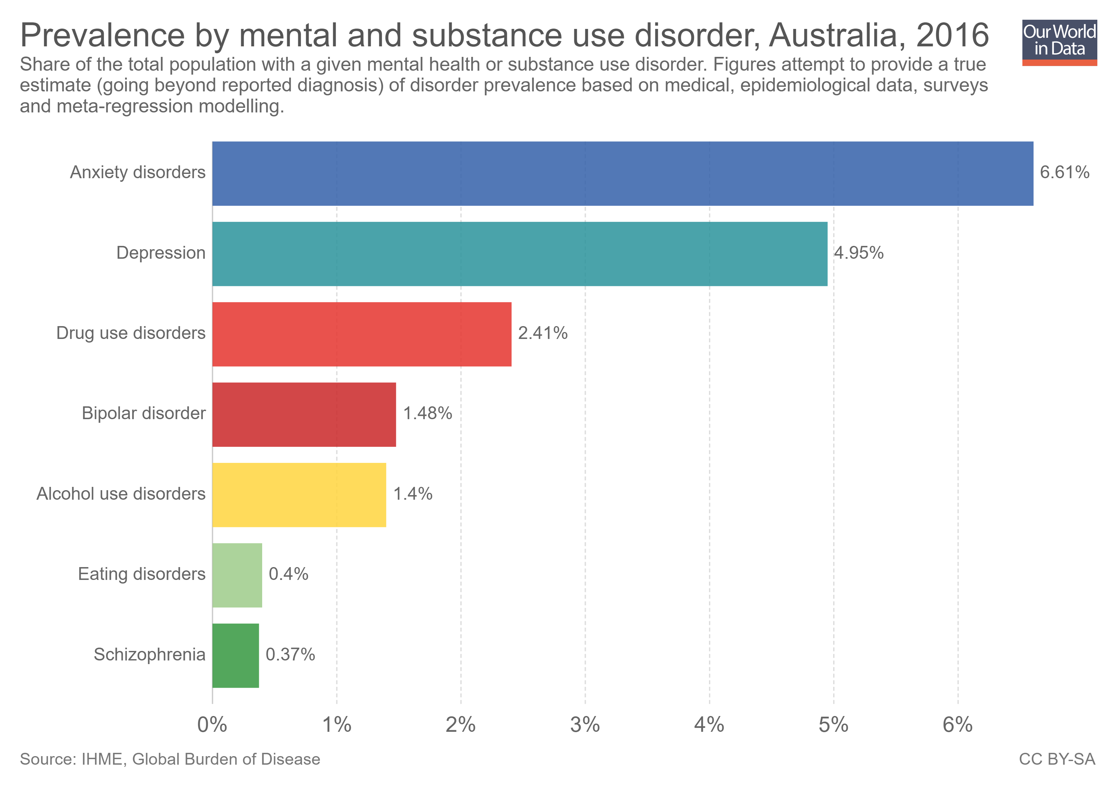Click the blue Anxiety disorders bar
(623, 174)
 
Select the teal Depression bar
(520, 254)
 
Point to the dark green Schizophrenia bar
(236, 656)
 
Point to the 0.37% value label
(290, 655)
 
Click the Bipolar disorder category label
(144, 414)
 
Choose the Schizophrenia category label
(149, 655)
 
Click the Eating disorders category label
(142, 574)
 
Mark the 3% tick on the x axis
(585, 725)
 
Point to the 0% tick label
(212, 725)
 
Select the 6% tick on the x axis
(957, 725)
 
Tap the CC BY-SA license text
(1057, 759)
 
